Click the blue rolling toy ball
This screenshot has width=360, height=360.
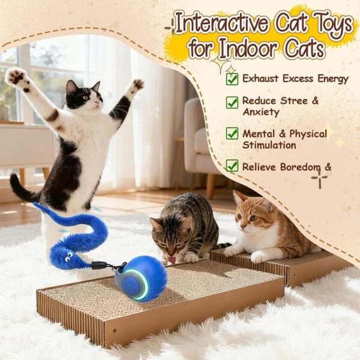click(141, 278)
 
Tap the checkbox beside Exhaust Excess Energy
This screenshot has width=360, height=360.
click(232, 79)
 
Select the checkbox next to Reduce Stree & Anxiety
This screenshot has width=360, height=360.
click(232, 102)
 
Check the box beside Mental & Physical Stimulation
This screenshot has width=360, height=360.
click(232, 134)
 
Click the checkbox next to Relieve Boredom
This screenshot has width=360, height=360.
click(232, 166)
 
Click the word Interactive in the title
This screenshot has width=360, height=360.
click(221, 24)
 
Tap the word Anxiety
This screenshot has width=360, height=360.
click(261, 112)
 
